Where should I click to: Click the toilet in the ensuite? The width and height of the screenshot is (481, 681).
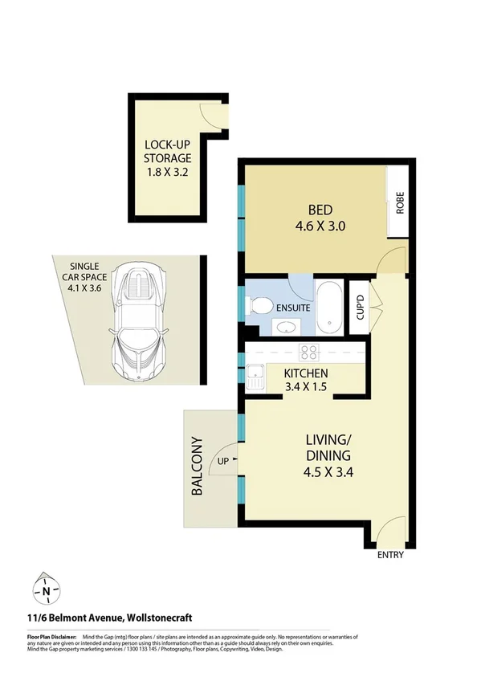click(259, 306)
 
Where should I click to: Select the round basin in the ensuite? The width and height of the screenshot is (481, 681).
click(285, 326)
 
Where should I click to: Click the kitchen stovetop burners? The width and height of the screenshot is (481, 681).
click(309, 352)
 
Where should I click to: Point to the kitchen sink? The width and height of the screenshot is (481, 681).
click(256, 376)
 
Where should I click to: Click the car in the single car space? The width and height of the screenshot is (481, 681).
click(142, 320)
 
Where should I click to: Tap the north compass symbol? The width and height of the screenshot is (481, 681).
click(47, 592)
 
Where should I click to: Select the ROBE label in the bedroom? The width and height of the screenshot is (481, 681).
click(399, 203)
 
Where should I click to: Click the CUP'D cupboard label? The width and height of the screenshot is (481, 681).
click(360, 307)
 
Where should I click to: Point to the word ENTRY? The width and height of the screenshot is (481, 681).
click(389, 555)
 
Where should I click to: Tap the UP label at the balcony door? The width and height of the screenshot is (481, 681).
click(223, 462)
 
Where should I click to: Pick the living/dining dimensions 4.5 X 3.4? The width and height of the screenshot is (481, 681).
click(328, 472)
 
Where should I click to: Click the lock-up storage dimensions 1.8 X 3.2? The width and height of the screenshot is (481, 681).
click(167, 173)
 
